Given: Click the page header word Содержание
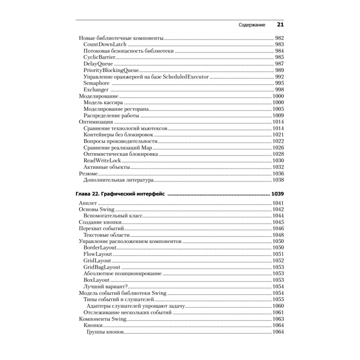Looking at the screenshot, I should tap(252, 25).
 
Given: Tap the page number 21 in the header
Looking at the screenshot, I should tap(280, 25).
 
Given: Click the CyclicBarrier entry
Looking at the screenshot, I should tap(99, 57).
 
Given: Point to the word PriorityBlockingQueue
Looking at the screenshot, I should tap(111, 70).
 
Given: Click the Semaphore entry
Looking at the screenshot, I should tap(96, 83).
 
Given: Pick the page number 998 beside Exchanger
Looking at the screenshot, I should tap(279, 90).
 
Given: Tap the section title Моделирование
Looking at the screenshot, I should tap(98, 96).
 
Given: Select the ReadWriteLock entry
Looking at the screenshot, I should tap(102, 161).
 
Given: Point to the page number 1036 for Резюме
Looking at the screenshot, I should tap(278, 174).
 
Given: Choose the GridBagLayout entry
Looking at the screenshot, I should tap(102, 267).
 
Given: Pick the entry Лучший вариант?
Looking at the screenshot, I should tap(106, 287).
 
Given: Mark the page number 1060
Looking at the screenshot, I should tap(278, 306).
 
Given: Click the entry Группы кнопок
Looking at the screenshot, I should tap(105, 332).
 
